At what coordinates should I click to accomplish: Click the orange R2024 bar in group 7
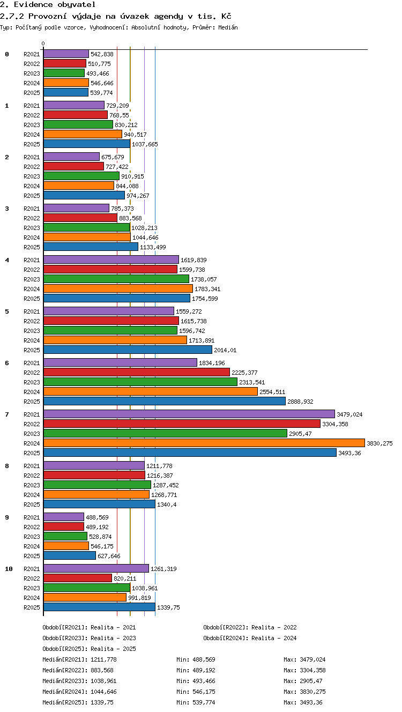(x=204, y=443)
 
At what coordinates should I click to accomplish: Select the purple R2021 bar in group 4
(x=111, y=259)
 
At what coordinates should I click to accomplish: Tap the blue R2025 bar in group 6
(x=165, y=401)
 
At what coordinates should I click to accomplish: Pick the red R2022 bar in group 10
(x=78, y=578)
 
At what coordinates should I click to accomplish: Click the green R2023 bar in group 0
(x=64, y=73)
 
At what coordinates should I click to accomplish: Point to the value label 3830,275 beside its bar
(x=379, y=443)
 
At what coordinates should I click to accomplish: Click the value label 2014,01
(x=225, y=350)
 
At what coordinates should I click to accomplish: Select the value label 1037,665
(x=145, y=144)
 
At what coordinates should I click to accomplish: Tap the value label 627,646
(x=109, y=556)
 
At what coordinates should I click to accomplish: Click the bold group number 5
(x=7, y=311)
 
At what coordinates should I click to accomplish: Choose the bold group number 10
(x=9, y=569)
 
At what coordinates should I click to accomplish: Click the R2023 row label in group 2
(x=32, y=176)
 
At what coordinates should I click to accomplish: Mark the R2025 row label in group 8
(x=32, y=505)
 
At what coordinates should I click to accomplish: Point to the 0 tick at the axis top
(x=43, y=43)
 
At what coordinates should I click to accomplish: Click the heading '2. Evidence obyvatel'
(x=48, y=4)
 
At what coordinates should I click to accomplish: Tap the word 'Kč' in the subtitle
(x=226, y=16)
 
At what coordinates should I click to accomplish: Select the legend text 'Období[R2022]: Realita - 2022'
(x=250, y=627)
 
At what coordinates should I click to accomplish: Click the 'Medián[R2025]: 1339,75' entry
(x=78, y=702)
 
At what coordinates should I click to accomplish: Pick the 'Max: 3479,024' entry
(x=304, y=659)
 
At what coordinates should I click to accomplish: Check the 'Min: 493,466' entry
(x=196, y=681)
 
